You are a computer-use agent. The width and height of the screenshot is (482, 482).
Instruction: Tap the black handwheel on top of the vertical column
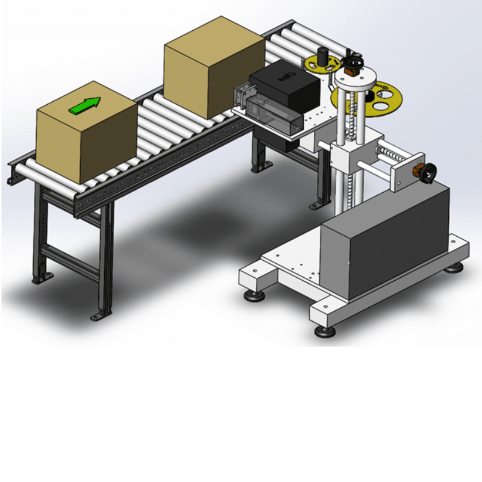(354, 62)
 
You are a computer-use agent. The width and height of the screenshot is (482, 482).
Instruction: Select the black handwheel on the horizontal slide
(430, 174)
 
